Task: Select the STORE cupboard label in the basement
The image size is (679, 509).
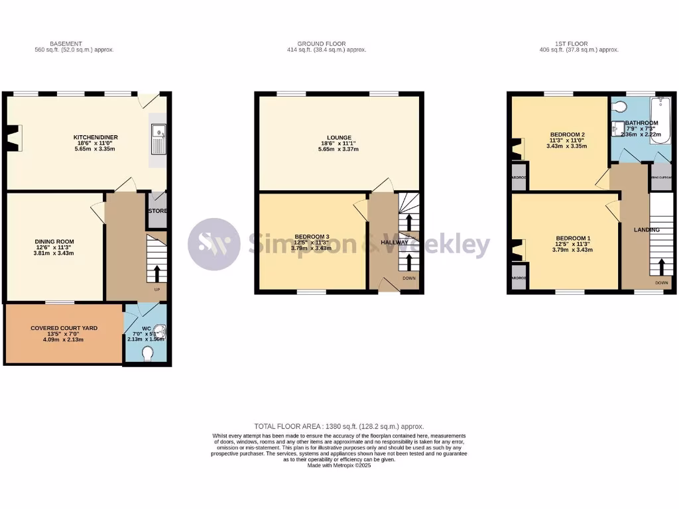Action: tap(157, 211)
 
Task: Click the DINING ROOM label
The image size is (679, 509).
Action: tap(54, 242)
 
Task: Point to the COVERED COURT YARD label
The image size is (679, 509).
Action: tap(64, 328)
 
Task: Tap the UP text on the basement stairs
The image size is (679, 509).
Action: tap(156, 290)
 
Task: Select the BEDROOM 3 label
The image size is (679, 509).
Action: tap(312, 237)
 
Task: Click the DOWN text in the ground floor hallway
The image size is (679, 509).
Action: tap(409, 278)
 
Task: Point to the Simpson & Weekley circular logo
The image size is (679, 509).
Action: tap(214, 244)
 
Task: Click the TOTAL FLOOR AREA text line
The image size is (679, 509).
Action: tap(339, 426)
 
